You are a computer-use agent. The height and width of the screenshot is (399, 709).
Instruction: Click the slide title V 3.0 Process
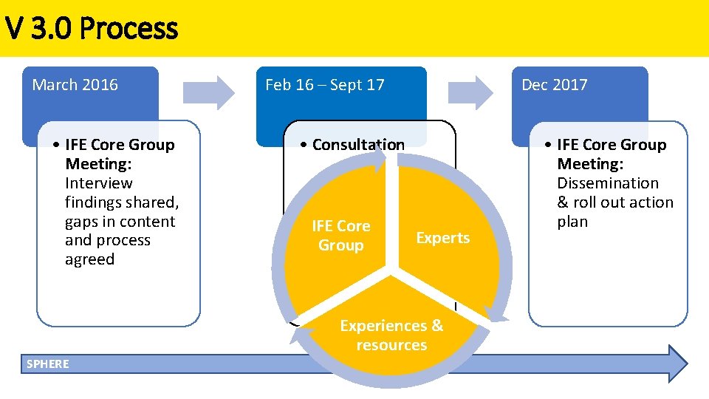(91, 29)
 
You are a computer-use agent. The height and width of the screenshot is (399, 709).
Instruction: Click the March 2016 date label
(75, 85)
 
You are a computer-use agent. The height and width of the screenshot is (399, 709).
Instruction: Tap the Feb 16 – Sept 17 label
(324, 85)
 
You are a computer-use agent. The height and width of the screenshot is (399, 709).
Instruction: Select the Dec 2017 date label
(554, 85)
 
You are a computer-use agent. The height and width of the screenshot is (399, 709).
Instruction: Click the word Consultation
(358, 145)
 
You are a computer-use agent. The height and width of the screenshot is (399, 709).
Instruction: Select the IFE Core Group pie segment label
(340, 235)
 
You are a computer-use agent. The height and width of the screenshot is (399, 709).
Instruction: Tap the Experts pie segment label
(442, 238)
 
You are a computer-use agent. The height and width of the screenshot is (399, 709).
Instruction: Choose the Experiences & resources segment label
(391, 335)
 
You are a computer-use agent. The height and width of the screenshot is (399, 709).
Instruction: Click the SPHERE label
(47, 364)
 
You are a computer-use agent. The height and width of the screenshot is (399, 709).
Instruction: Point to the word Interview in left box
(99, 183)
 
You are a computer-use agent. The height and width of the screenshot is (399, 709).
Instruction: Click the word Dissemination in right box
(607, 183)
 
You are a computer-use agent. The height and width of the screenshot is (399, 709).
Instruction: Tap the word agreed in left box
(89, 259)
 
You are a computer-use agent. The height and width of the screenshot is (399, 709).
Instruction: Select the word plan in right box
(572, 222)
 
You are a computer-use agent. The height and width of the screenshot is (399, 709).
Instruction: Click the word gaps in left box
(82, 222)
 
